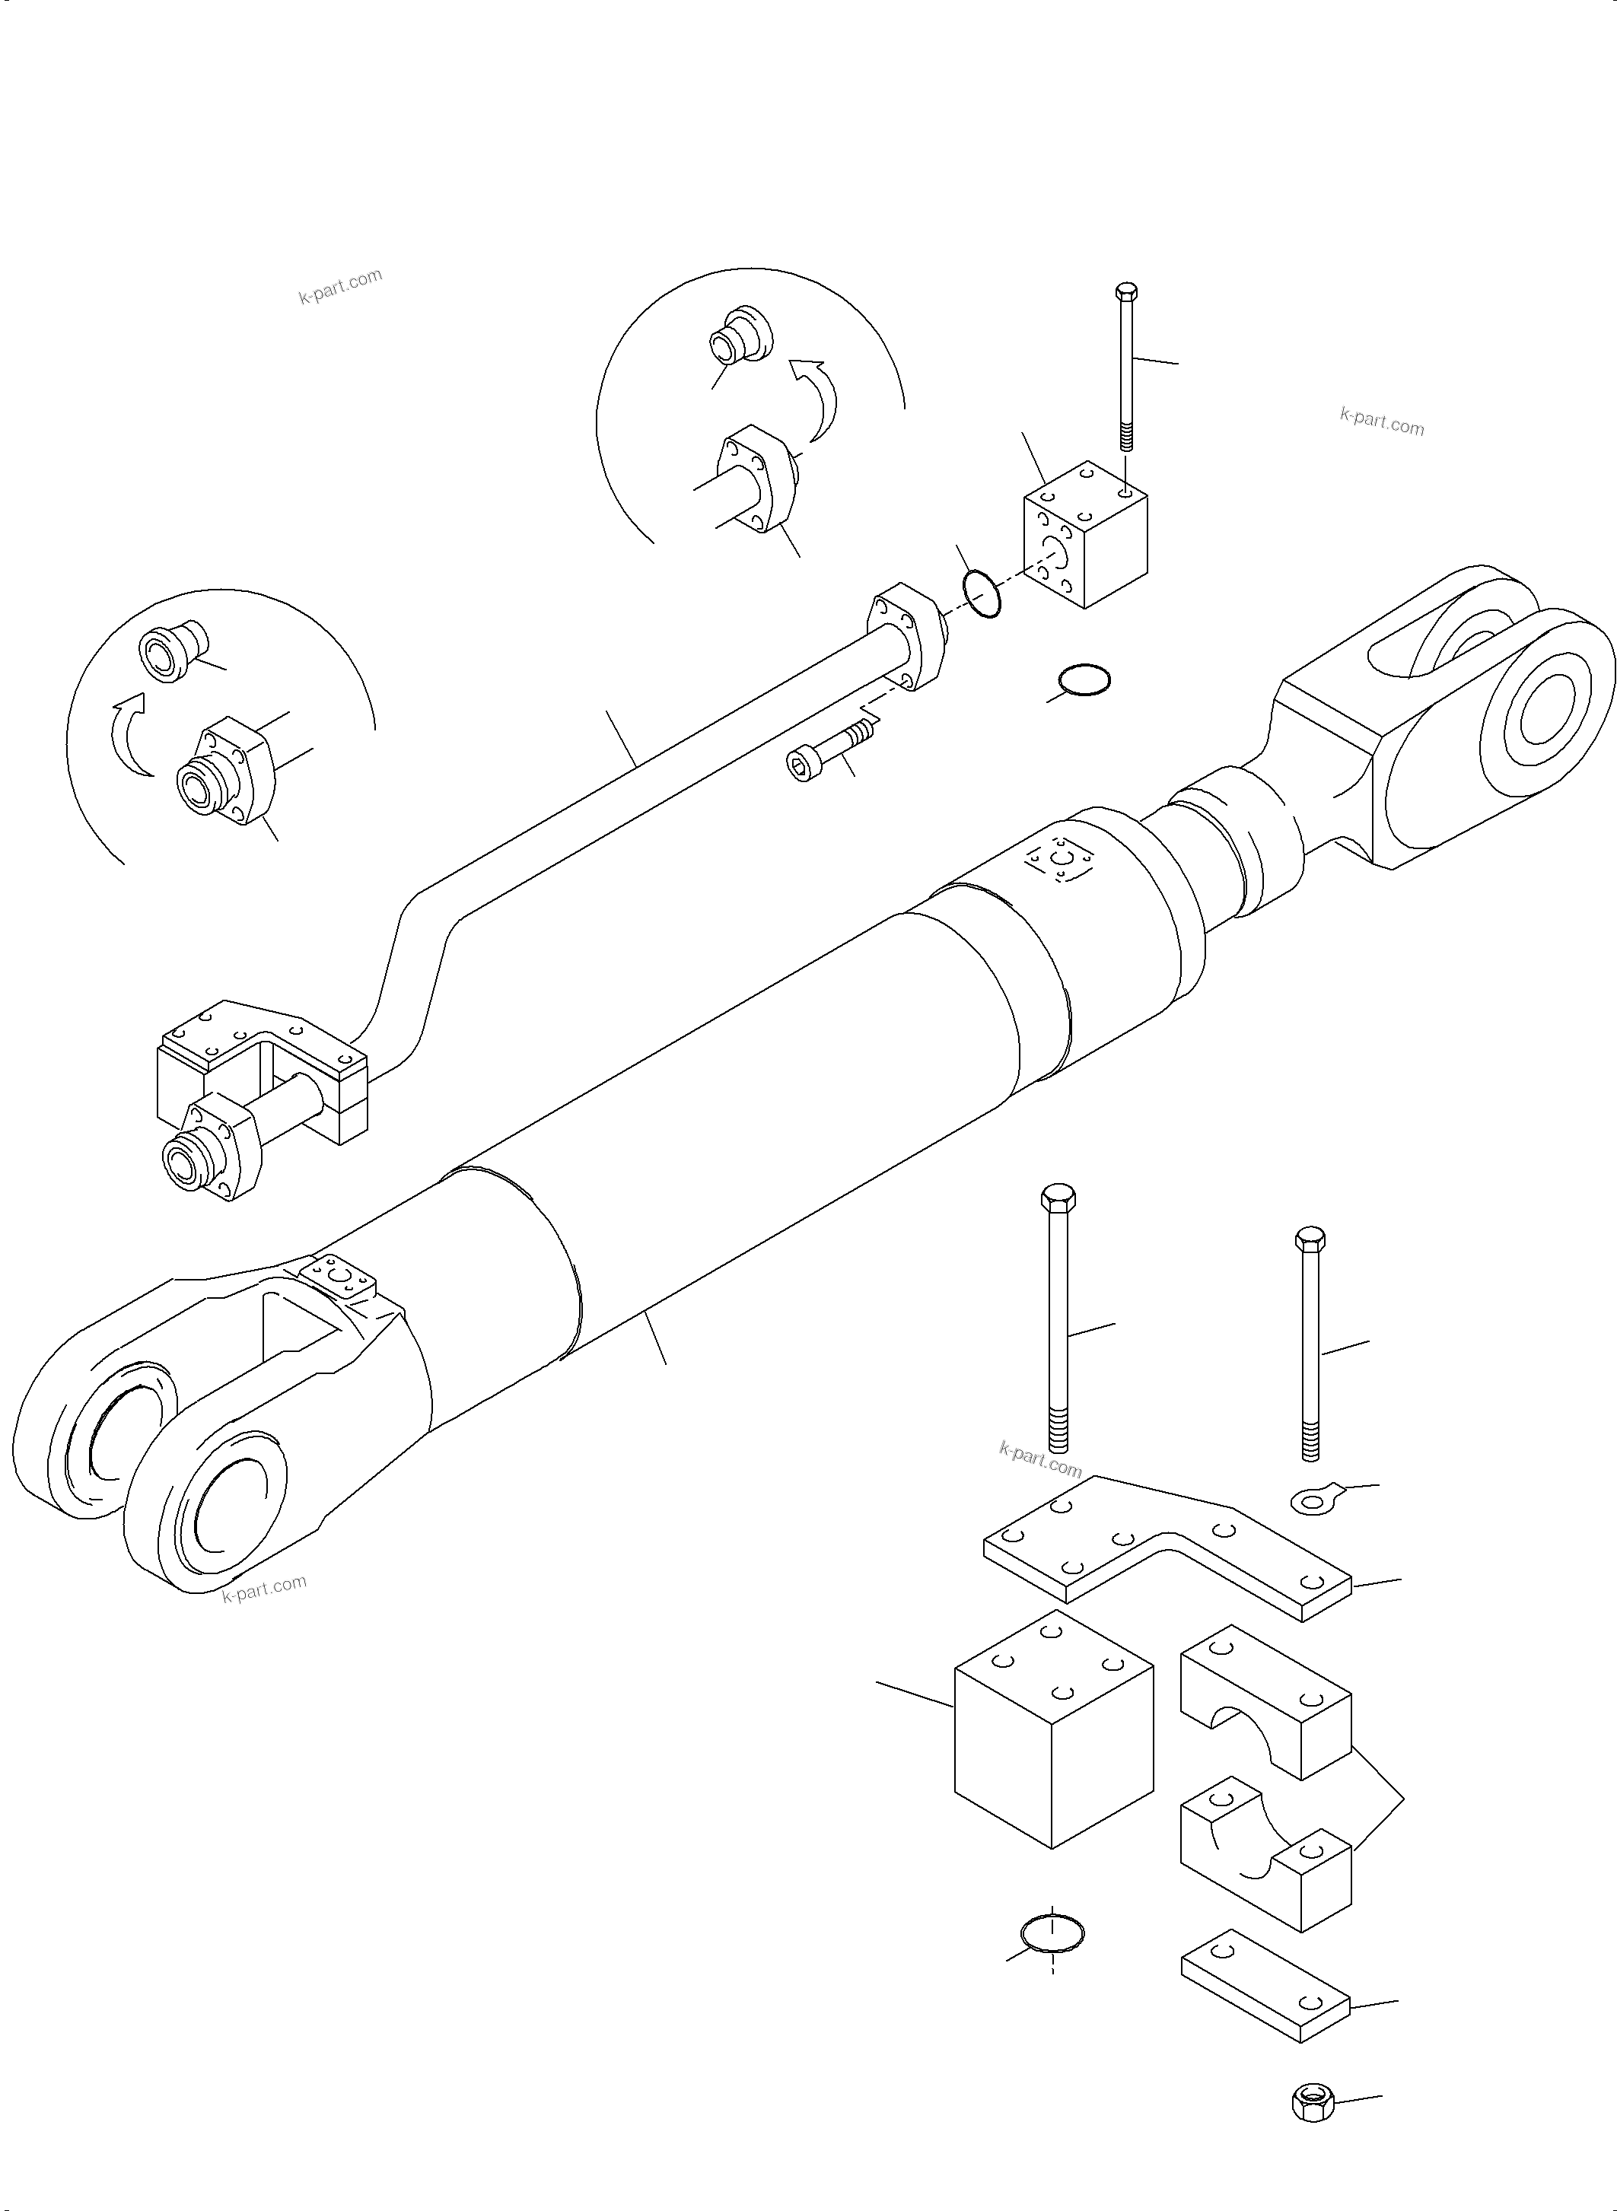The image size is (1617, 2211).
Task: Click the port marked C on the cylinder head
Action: point(1056,858)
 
